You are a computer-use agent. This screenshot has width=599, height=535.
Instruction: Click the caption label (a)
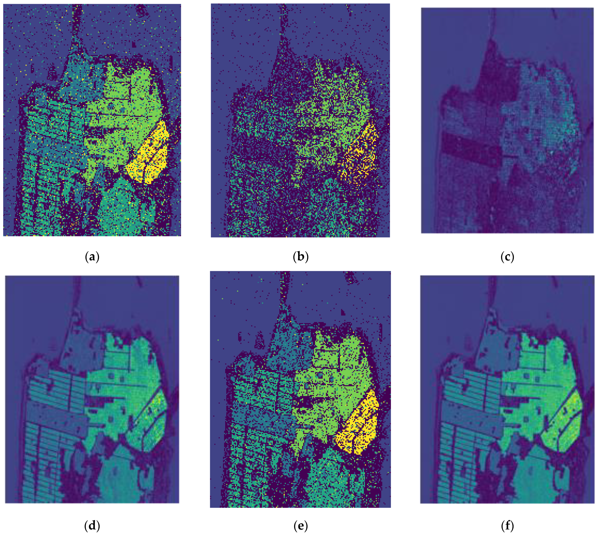click(92, 257)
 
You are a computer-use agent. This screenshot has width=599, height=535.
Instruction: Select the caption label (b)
click(301, 257)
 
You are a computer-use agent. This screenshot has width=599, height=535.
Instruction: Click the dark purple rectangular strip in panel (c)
click(470, 146)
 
